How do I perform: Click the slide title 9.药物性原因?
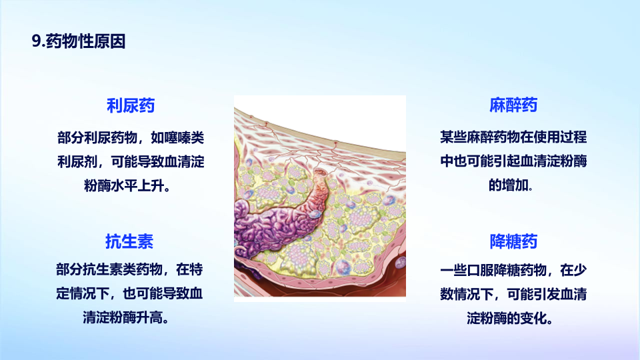79,41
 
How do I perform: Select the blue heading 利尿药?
131,105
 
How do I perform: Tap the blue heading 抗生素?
129,241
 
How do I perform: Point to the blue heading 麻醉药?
513,105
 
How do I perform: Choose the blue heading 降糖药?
513,241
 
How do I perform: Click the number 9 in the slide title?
36,41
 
